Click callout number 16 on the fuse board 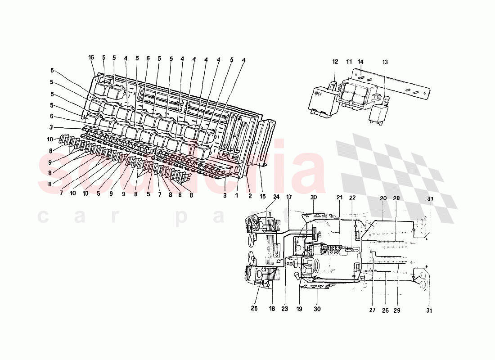click(91, 58)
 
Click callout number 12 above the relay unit click(335, 61)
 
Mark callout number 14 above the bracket click(360, 61)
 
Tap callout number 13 click(385, 61)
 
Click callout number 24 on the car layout click(276, 197)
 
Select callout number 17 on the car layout click(289, 197)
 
